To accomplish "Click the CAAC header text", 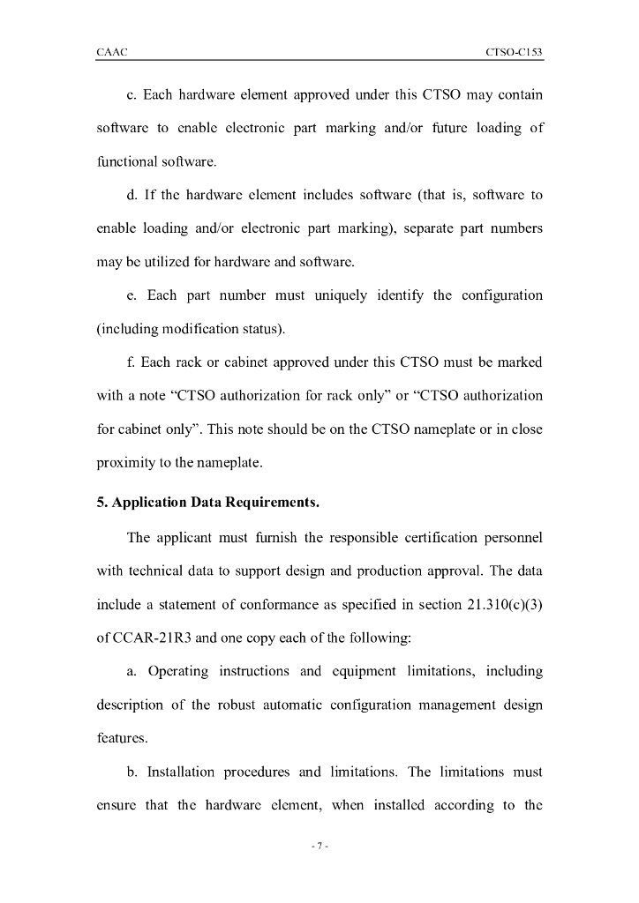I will pyautogui.click(x=111, y=53).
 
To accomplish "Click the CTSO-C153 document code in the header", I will pyautogui.click(x=514, y=53).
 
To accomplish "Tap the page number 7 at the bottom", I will pyautogui.click(x=319, y=847).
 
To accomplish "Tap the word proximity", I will pyautogui.click(x=126, y=463).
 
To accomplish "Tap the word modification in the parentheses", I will pyautogui.click(x=189, y=329).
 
